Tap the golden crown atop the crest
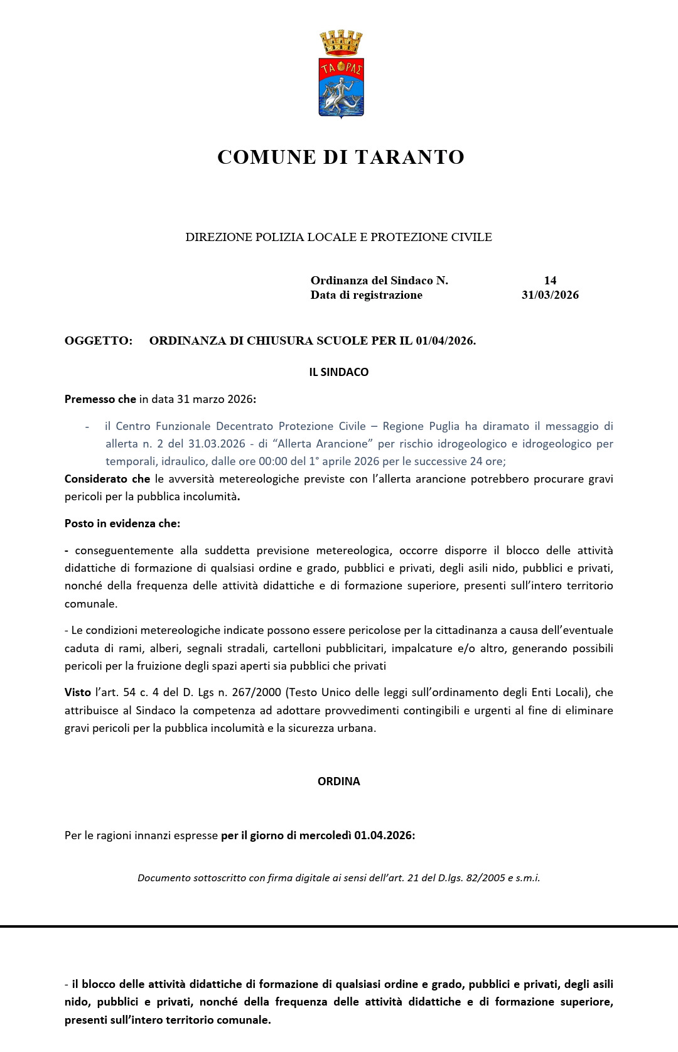341,43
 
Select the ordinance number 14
550,281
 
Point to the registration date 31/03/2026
550,295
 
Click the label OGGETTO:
99,341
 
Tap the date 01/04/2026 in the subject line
445,341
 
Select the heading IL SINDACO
339,372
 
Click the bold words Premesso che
100,399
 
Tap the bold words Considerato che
107,479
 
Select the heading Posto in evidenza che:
122,523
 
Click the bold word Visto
78,692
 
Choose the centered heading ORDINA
339,781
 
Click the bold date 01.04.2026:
384,835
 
